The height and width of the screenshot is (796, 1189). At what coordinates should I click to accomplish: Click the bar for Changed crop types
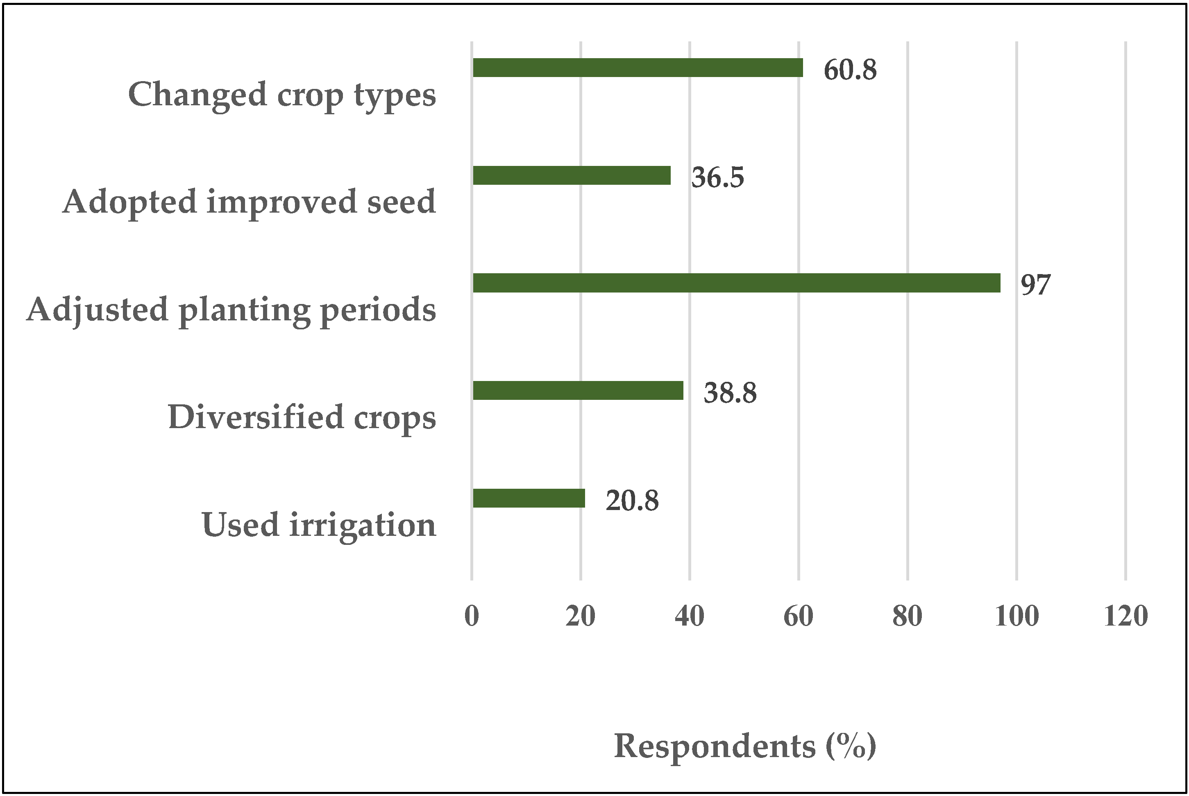coord(638,68)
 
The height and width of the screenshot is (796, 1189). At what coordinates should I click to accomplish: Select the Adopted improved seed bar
coord(572,175)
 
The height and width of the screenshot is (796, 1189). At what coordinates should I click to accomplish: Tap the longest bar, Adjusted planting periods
coord(736,283)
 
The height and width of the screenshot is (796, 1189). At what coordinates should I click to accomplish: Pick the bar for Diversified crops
coord(578,390)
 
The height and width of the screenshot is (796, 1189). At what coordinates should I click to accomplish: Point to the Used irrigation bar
coord(529,498)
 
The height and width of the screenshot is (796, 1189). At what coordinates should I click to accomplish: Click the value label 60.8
coord(850,70)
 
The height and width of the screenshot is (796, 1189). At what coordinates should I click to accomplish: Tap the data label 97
coord(1035,285)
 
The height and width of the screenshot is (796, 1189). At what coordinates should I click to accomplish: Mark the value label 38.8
coord(730,393)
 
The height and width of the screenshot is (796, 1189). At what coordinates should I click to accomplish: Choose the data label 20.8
coord(632,501)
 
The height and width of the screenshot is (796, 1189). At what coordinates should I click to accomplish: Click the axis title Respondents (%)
coord(745,746)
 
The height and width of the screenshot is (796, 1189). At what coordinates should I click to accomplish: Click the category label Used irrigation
coord(319,524)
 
